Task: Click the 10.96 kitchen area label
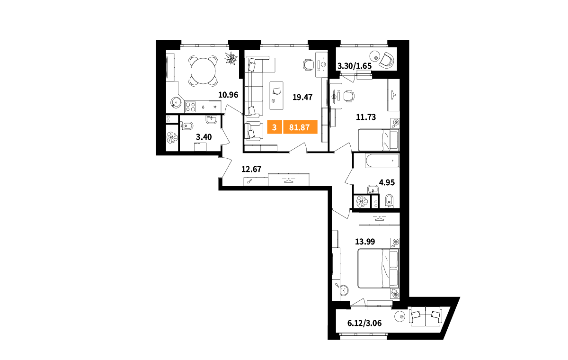click(x=228, y=95)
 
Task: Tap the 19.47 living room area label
click(x=302, y=97)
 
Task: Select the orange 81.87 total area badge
click(x=300, y=127)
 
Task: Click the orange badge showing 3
click(x=275, y=127)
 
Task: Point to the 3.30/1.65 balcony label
click(x=354, y=66)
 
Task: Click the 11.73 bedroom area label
click(x=366, y=117)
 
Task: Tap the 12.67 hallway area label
click(x=251, y=169)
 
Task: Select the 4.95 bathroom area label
click(x=387, y=182)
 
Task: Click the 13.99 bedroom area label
click(x=365, y=242)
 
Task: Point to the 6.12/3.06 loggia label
click(x=364, y=323)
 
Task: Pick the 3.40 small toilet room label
click(x=204, y=137)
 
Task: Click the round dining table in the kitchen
click(x=203, y=71)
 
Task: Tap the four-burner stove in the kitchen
click(x=190, y=107)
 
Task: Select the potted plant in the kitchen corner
click(x=231, y=58)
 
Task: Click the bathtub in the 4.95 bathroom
click(x=382, y=161)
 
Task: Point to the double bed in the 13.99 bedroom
click(x=378, y=269)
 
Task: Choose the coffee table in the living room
click(x=276, y=96)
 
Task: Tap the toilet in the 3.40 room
click(x=186, y=126)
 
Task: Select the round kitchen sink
click(x=176, y=103)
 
